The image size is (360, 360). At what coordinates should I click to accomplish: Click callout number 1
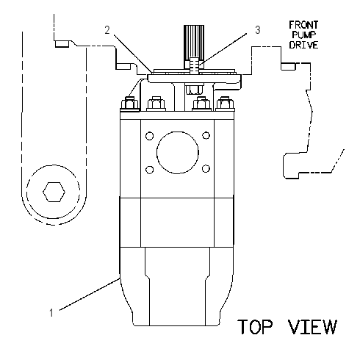[51, 313]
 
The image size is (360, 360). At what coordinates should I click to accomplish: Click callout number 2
[107, 30]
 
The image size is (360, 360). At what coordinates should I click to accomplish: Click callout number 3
[257, 30]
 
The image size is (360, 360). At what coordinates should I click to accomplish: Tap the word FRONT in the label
[303, 25]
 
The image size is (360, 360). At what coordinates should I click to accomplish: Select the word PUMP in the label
[303, 35]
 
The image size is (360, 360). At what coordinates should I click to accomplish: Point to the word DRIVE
[303, 45]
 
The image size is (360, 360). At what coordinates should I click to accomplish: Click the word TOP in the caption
[255, 326]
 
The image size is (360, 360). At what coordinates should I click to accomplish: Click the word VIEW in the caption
[312, 326]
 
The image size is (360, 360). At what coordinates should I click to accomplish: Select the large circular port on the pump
[178, 153]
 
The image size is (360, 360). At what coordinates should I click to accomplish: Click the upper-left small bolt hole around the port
[149, 136]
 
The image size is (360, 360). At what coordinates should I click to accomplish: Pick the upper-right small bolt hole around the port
[206, 135]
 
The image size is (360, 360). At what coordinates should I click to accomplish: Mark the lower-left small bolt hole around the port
[149, 170]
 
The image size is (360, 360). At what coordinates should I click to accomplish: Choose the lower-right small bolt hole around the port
[206, 168]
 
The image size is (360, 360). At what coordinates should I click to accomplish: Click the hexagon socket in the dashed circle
[54, 192]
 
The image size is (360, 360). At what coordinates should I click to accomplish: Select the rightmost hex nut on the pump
[224, 104]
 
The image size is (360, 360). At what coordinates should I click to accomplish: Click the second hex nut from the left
[156, 104]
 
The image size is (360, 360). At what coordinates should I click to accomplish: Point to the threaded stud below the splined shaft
[194, 65]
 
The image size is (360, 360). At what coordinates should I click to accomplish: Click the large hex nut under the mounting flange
[194, 89]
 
